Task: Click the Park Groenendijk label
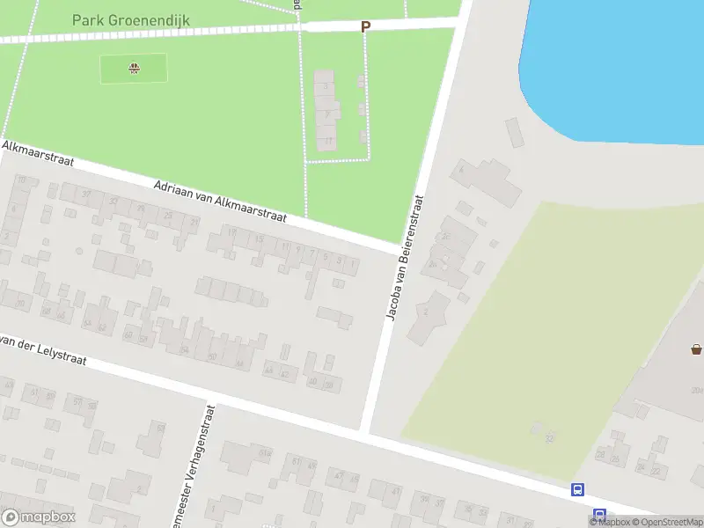tap(131, 19)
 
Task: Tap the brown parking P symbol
tap(365, 26)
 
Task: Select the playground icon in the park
tap(134, 68)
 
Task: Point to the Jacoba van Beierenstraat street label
tap(407, 256)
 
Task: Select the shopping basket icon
tap(697, 349)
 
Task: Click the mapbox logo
tap(39, 517)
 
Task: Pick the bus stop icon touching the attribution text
tap(599, 515)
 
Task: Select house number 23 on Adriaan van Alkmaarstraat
tap(167, 216)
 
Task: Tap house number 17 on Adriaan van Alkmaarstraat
tap(232, 233)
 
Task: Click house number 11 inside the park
tap(328, 140)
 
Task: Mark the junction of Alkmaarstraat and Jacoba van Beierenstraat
tap(395, 250)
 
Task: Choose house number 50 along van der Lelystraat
tap(212, 356)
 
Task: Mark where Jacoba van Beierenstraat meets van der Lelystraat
tap(365, 433)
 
